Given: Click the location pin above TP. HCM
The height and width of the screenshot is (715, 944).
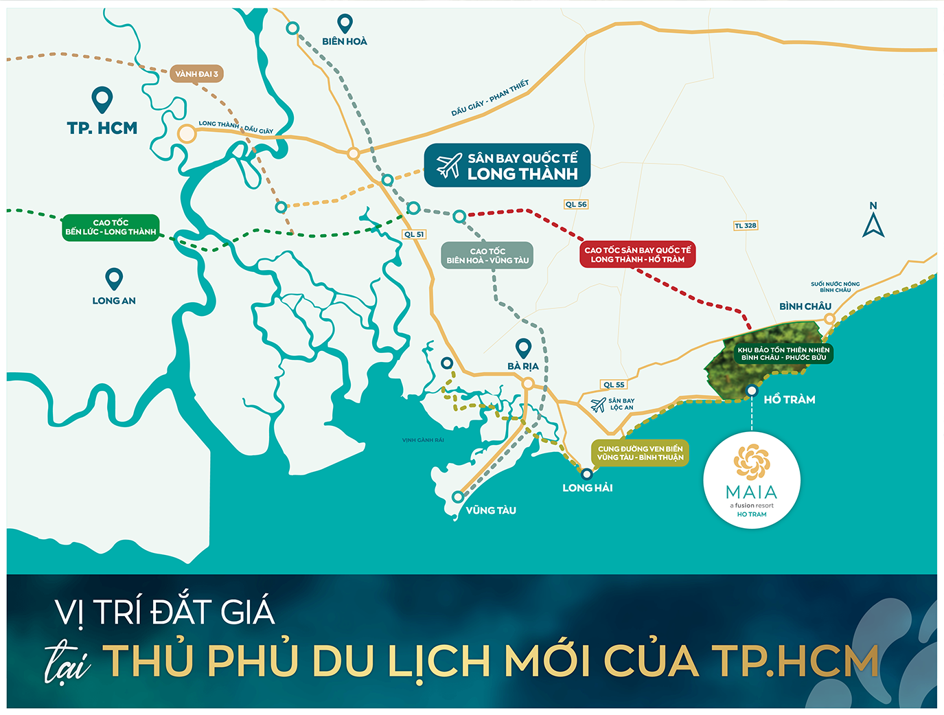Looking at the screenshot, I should [102, 100].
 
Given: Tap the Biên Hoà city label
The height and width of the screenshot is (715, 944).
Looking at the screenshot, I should [345, 41].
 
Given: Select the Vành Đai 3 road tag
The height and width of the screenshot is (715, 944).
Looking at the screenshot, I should [196, 74].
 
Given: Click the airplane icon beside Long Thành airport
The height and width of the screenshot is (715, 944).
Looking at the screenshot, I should [449, 166].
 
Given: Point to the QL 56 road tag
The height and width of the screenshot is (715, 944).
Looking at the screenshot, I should [576, 205].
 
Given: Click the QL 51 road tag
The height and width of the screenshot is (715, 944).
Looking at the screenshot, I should [414, 234].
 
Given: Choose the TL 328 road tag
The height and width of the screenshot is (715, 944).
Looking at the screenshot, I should [746, 225].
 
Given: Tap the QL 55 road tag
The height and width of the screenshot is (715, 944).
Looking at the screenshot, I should [614, 385].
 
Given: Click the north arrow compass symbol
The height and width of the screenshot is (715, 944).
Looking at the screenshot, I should [873, 221].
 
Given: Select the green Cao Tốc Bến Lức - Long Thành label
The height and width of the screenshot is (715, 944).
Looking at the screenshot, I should [111, 227].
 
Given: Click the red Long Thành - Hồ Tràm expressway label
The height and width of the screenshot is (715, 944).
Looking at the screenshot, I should [637, 255].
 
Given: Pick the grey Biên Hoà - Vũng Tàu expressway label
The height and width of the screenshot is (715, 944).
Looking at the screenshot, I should [487, 256].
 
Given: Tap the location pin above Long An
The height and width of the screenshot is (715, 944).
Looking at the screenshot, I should [114, 278].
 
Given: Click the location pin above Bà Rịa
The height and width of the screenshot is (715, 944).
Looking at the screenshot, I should [524, 348].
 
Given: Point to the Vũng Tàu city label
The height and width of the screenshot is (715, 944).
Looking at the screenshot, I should [491, 510].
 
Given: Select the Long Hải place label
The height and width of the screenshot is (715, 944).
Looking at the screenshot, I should [588, 488].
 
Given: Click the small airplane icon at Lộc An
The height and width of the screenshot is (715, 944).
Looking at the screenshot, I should [598, 405].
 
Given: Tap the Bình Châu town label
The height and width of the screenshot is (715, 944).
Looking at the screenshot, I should [805, 306].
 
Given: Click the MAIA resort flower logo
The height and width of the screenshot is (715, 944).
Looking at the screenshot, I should [752, 462].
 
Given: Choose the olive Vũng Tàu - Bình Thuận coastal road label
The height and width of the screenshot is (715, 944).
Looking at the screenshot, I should [640, 453].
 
